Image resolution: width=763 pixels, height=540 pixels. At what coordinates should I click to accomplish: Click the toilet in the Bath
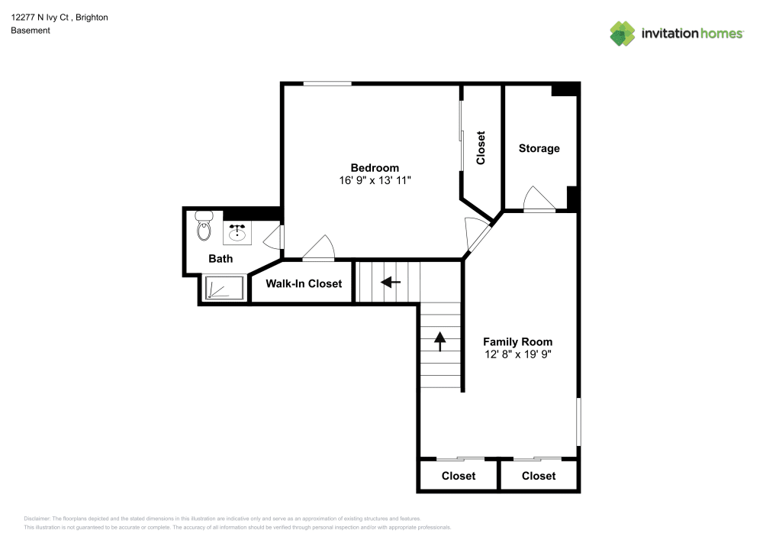(x=204, y=227)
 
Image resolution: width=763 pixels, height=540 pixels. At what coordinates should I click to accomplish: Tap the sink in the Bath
(x=238, y=230)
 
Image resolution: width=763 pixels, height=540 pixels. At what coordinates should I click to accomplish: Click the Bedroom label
(x=375, y=168)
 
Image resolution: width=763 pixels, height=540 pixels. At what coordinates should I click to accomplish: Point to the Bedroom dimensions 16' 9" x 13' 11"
(x=375, y=180)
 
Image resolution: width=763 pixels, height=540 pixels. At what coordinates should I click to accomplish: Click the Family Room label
(x=518, y=341)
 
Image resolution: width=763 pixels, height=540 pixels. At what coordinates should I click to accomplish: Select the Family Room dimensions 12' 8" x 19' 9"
(x=518, y=354)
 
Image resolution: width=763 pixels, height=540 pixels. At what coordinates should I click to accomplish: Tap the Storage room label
(x=539, y=148)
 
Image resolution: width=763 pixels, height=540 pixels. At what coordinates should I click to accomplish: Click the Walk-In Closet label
(x=304, y=283)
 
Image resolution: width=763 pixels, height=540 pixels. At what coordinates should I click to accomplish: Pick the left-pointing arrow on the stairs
(x=391, y=283)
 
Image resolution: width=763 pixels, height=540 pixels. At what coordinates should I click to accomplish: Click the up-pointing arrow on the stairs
(x=439, y=341)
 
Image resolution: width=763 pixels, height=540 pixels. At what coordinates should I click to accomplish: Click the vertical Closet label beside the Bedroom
(x=481, y=148)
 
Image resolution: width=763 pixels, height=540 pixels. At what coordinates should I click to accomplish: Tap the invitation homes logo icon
(x=622, y=33)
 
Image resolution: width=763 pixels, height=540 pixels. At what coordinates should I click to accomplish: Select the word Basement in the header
(x=31, y=31)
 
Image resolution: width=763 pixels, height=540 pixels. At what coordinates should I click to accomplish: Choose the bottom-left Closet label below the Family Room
(x=459, y=476)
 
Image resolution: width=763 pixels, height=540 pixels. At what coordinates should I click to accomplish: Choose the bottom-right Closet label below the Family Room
(x=539, y=476)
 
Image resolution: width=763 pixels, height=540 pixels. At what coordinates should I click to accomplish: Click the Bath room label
(x=221, y=259)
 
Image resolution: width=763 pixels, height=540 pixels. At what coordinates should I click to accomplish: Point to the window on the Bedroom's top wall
(x=327, y=83)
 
